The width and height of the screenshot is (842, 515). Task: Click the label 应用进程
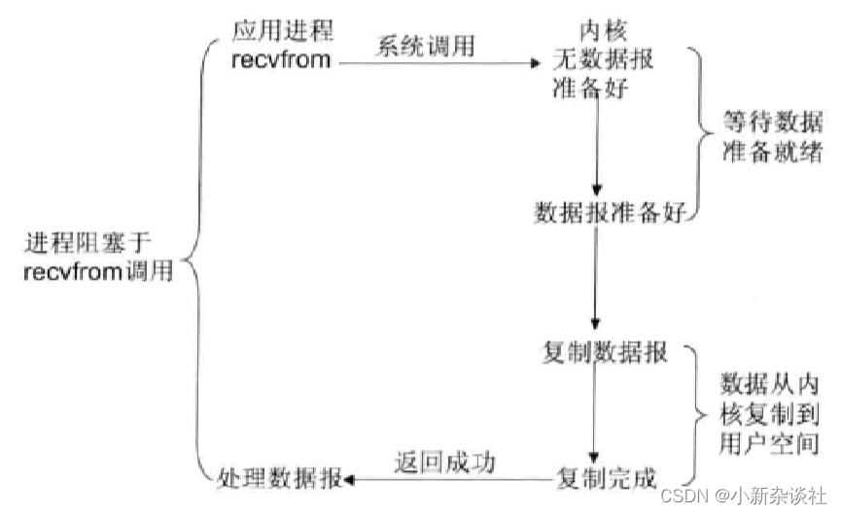coord(282,32)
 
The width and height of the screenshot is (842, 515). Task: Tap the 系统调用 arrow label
coord(427,46)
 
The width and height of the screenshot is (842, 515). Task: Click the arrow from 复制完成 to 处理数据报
coord(447,479)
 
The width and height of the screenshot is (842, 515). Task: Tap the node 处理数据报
coord(280,478)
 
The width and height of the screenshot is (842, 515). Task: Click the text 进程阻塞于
coord(88,243)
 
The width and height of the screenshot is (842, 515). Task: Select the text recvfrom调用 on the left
coord(97,272)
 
